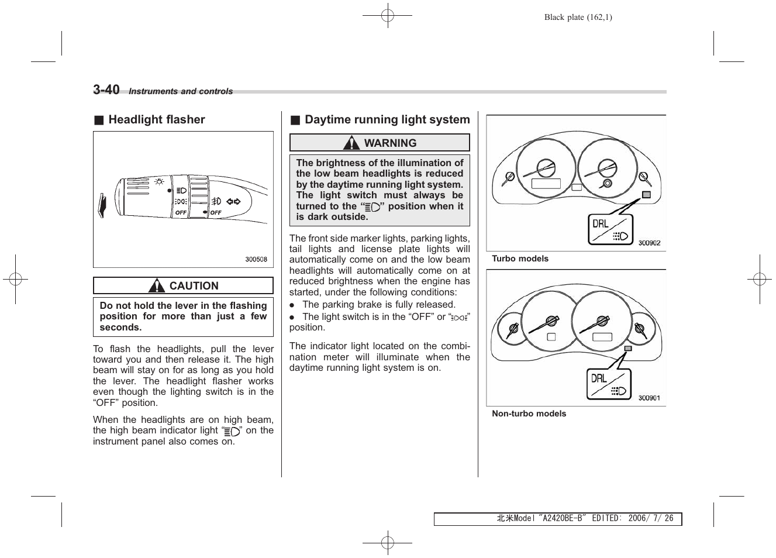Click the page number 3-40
106,89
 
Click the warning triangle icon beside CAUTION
156,286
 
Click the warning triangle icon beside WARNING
351,143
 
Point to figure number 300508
256,259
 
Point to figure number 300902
649,243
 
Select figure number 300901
649,398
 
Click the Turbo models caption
520,259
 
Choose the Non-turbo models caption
529,414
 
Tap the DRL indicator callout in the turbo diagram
610,229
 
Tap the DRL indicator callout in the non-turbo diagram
609,384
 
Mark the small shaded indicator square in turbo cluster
646,195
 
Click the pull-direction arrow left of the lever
102,205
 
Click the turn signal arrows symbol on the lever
233,202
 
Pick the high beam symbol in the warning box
372,206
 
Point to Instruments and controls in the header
181,92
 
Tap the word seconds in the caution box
120,328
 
